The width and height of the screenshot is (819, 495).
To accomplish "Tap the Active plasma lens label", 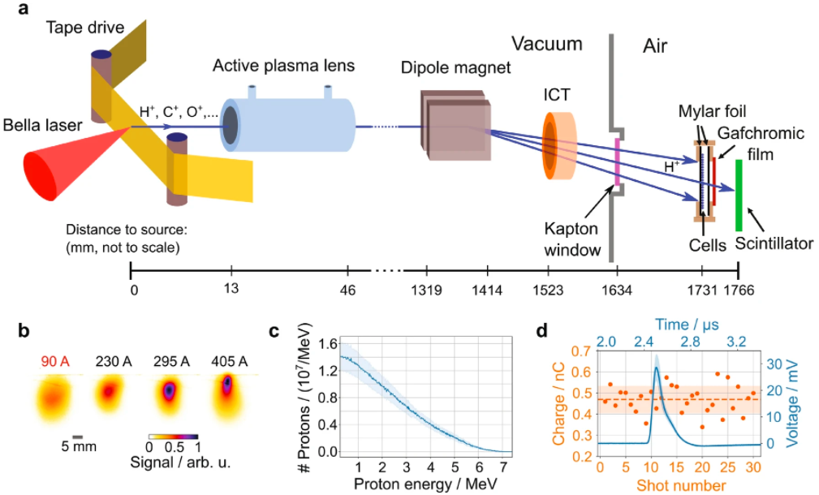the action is click(x=283, y=66).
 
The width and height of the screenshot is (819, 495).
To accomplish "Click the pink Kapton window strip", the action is click(x=618, y=161).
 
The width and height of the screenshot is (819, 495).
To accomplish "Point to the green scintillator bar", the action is click(x=739, y=196).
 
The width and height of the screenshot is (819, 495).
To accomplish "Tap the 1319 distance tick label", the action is click(x=426, y=291).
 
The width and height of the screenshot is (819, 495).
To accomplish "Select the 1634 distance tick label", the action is click(x=616, y=291).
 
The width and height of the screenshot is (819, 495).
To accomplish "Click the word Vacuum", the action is click(x=546, y=44).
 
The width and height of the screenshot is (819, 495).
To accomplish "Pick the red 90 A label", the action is click(x=55, y=361).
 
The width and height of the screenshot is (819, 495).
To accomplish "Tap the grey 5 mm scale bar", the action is click(x=78, y=437).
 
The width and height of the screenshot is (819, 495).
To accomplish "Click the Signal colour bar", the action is click(x=174, y=437).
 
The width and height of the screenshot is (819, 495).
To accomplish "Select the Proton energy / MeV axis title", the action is click(x=425, y=483).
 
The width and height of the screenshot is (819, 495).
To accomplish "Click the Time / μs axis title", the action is click(x=687, y=325).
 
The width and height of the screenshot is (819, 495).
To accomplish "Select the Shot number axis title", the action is click(x=681, y=485).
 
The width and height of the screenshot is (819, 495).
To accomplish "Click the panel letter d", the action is click(x=542, y=331).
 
